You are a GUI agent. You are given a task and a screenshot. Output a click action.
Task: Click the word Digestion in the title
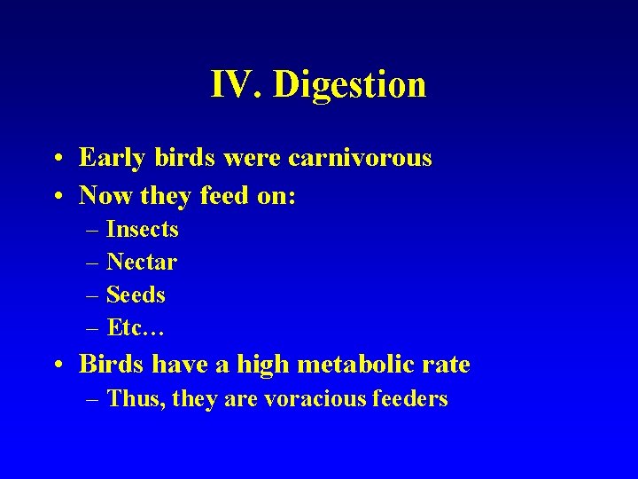(350, 85)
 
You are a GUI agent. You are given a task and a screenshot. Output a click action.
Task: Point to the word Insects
(143, 230)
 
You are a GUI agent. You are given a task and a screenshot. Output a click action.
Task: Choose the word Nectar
(142, 263)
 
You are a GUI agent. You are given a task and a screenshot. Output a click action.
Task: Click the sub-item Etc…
(136, 328)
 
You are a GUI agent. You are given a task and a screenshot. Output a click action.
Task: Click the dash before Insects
(93, 231)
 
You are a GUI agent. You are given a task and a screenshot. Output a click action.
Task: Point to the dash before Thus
(93, 400)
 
